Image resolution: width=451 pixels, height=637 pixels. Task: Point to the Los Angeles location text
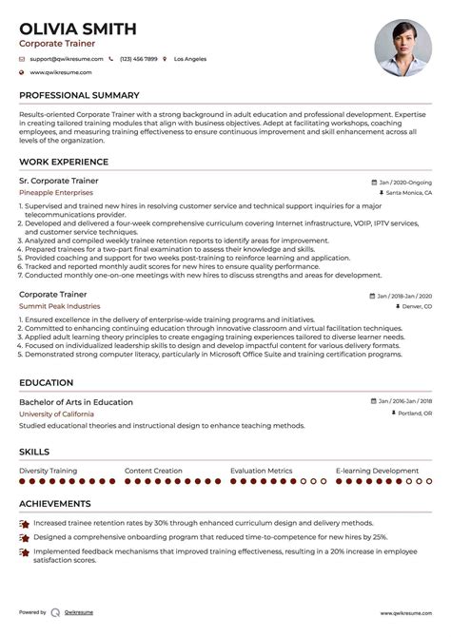[x=190, y=59]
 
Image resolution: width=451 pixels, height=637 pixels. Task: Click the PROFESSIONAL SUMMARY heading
[x=79, y=96]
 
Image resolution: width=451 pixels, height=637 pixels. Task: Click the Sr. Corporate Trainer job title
[x=58, y=181]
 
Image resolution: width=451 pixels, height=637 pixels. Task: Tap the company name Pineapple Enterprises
[x=63, y=192]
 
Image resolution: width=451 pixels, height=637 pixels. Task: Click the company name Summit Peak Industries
[x=59, y=306]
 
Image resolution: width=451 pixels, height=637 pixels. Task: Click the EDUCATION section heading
[x=47, y=382]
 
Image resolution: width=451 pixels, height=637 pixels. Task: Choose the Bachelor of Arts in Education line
[x=76, y=402]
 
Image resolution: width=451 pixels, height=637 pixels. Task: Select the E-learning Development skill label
[x=377, y=470]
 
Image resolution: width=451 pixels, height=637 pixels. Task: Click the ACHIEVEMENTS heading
[x=55, y=504]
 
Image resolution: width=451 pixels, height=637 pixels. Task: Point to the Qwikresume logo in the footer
[x=56, y=612]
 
